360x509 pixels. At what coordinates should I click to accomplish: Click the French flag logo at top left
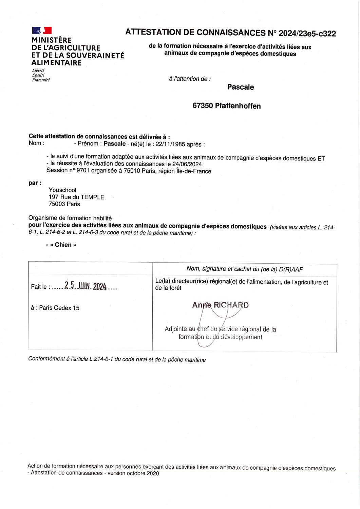(x=42, y=30)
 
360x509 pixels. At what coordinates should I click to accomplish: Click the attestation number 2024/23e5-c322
(x=307, y=33)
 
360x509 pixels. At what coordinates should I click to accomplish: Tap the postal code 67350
(x=203, y=106)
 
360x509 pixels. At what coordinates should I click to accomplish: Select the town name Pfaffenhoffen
(x=238, y=106)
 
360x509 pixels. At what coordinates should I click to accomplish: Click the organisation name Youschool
(x=62, y=190)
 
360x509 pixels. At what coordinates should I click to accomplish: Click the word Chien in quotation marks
(x=63, y=245)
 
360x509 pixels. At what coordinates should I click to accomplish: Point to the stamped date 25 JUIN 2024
(x=86, y=286)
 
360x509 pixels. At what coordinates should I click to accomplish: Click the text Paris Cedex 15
(x=59, y=308)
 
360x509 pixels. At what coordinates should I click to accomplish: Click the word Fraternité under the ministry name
(x=41, y=80)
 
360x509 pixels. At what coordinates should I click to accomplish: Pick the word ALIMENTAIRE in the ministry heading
(x=56, y=63)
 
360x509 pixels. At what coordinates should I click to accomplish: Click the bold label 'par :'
(x=35, y=183)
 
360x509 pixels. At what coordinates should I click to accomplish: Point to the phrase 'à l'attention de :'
(x=190, y=79)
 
